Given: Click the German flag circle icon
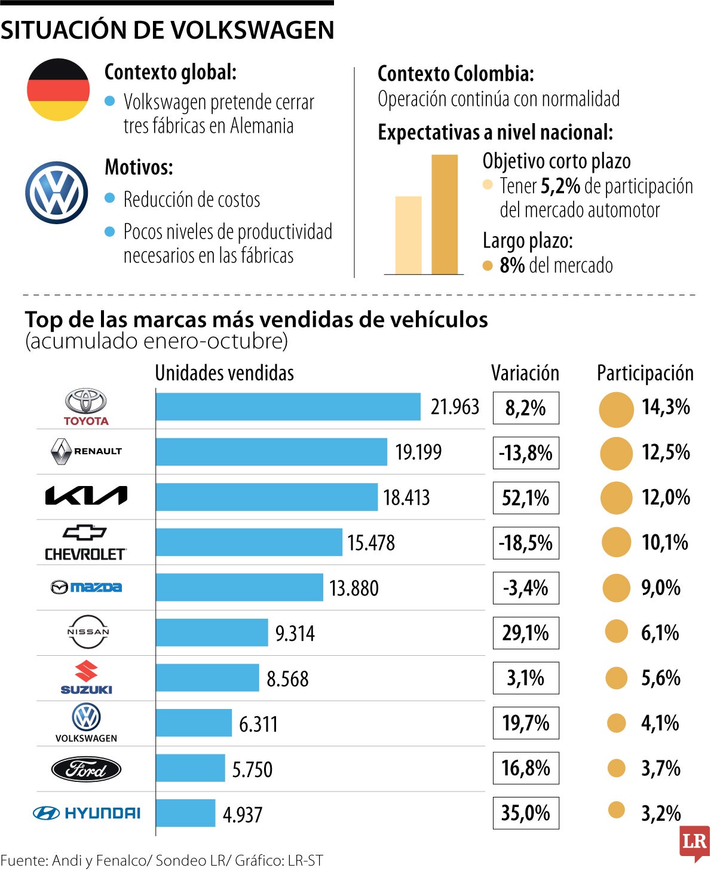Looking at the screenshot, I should click(x=58, y=90).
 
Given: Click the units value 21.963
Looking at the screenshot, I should click(x=455, y=407).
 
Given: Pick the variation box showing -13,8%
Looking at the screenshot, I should click(x=526, y=453).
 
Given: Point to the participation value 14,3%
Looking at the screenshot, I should click(x=666, y=407).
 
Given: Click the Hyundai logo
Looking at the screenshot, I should click(x=87, y=813).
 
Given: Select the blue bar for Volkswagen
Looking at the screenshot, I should click(x=194, y=723).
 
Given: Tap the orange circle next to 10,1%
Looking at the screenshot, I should click(x=616, y=542).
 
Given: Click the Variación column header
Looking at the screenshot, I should click(x=525, y=373).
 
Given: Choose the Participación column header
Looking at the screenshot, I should click(x=645, y=373).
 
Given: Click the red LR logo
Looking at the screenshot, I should click(x=694, y=842).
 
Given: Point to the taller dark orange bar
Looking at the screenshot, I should click(x=445, y=214).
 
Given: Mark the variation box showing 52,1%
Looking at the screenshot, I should click(x=526, y=498).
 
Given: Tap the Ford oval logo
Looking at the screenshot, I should click(x=86, y=769).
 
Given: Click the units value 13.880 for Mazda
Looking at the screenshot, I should click(x=354, y=588).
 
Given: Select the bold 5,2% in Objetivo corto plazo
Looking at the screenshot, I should click(x=560, y=187).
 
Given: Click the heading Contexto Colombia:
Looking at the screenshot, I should click(x=455, y=74).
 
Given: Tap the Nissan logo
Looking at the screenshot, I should click(x=88, y=632).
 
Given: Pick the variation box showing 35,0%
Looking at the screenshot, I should click(x=526, y=813).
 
